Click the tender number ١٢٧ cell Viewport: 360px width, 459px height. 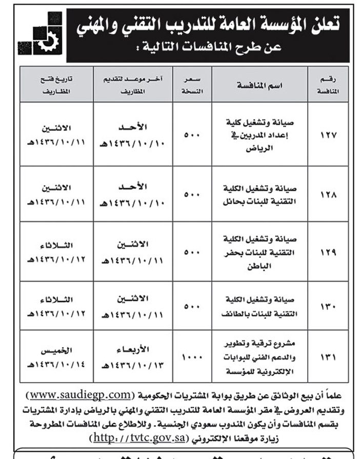point(326,135)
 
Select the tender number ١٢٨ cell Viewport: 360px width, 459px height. point(326,194)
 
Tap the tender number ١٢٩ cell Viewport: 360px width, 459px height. point(326,251)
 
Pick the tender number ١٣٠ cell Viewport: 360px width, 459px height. point(326,306)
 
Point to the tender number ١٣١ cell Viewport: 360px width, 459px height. point(326,356)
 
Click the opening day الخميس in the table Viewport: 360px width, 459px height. point(56,351)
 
